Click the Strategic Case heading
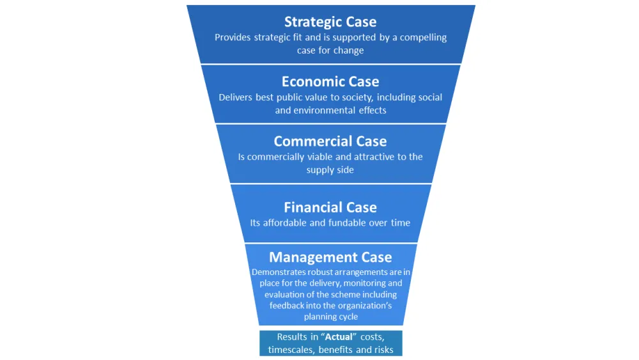tap(330, 22)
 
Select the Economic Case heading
tap(330, 82)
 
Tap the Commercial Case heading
tap(330, 141)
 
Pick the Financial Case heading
tap(330, 207)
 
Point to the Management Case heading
tap(330, 257)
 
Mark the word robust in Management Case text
tap(325, 272)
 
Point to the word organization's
tap(361, 305)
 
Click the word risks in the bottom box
tap(381, 350)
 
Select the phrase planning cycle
tap(330, 317)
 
